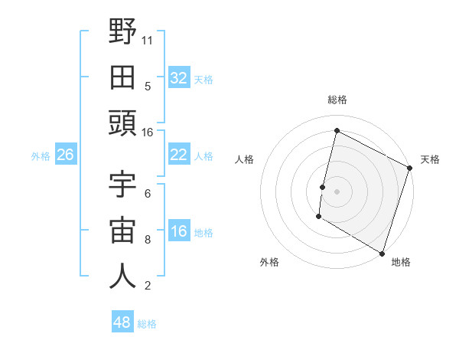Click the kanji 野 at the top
tap(122, 32)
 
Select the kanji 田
tap(122, 77)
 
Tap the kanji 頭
tap(122, 123)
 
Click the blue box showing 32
tap(178, 77)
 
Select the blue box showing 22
tap(178, 155)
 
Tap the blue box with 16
tap(178, 232)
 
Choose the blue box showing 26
tap(65, 155)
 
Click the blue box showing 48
tap(122, 322)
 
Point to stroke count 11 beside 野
tap(148, 39)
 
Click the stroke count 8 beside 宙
tap(148, 239)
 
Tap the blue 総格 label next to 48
tap(147, 324)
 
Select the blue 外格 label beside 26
tap(41, 156)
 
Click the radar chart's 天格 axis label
tap(430, 159)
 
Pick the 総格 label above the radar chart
tap(337, 100)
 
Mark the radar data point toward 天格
tap(410, 168)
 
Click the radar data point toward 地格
tap(381, 252)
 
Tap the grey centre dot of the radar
tap(337, 191)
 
